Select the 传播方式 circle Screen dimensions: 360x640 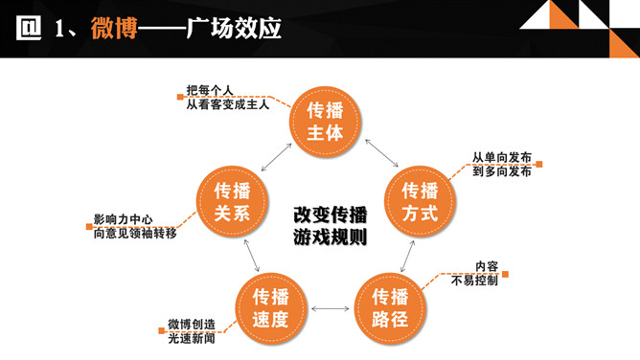[419, 201]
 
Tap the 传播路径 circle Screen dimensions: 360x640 [389, 307]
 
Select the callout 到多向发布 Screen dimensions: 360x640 [501, 172]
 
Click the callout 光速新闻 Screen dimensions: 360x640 [192, 338]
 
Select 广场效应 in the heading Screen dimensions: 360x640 [240, 29]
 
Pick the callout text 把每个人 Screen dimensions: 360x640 [209, 90]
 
